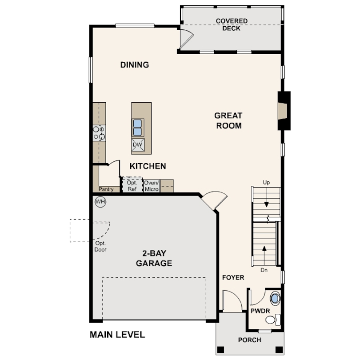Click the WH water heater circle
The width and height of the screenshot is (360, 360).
tap(100, 202)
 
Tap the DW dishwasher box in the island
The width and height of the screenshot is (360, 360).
tap(138, 144)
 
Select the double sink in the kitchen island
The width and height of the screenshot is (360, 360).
tap(137, 128)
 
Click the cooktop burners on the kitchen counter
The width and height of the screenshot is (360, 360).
tap(99, 133)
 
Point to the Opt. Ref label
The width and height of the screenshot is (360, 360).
tap(132, 186)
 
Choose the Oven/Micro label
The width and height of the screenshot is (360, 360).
tap(152, 186)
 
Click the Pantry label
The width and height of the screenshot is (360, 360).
tap(106, 189)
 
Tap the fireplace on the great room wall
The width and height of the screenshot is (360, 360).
tap(284, 111)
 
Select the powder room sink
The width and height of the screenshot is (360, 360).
tap(275, 298)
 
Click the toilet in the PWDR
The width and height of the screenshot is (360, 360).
tap(273, 320)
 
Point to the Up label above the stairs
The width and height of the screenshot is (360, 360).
tap(266, 183)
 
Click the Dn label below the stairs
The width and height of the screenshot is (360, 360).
tap(264, 270)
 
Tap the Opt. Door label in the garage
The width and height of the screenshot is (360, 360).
tap(100, 246)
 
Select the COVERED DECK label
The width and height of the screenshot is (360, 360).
tap(232, 24)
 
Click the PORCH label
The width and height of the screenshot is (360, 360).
tap(250, 340)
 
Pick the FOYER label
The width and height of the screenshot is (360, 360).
tap(233, 278)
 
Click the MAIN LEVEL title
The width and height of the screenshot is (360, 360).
tap(117, 335)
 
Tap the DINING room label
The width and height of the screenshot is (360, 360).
tap(135, 65)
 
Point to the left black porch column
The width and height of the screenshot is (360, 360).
tap(220, 350)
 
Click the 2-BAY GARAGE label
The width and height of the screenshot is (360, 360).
tap(154, 258)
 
